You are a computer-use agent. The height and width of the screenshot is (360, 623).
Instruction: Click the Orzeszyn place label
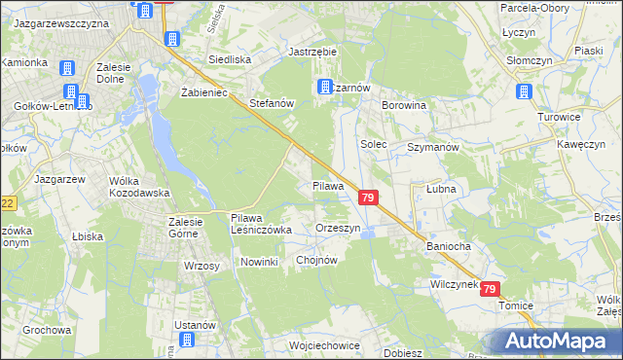339,228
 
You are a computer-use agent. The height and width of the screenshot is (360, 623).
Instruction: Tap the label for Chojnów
316,260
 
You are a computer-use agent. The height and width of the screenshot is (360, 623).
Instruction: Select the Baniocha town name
448,246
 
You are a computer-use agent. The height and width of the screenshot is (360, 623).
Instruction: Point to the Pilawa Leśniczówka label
261,224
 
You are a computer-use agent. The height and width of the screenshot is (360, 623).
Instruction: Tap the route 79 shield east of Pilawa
368,198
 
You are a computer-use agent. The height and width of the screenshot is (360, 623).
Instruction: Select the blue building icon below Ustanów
185,341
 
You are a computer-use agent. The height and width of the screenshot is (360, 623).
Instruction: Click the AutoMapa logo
558,341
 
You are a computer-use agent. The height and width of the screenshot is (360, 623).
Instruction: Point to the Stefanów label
272,102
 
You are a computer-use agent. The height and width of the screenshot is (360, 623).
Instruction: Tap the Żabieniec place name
204,92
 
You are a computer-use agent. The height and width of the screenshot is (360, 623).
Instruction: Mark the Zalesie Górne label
182,228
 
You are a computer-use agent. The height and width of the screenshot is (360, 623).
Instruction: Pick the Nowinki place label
260,263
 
